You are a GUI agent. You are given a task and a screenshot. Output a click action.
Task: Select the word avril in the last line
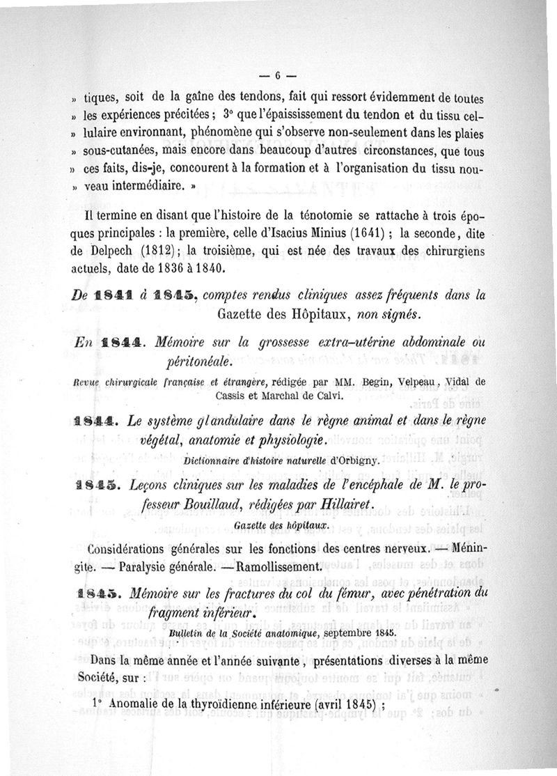click(x=330, y=704)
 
